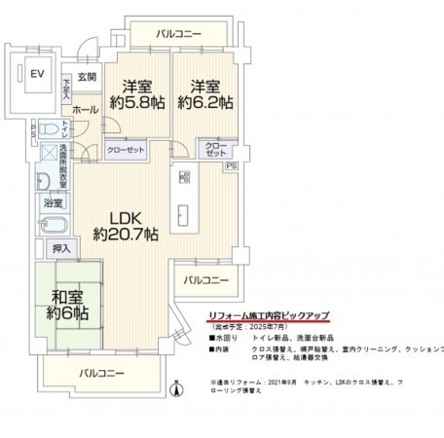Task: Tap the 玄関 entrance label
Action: (x=87, y=77)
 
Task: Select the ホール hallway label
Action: (x=84, y=110)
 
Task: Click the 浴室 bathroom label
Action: (x=53, y=202)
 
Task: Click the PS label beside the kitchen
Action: (x=230, y=166)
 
